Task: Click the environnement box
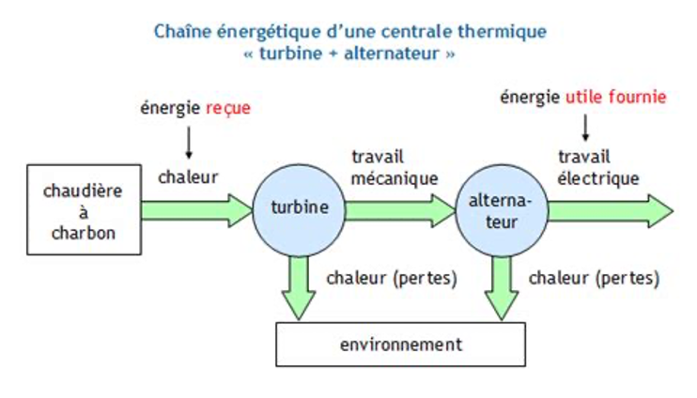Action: (400, 344)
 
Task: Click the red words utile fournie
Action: (615, 97)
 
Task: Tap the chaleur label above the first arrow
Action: (188, 176)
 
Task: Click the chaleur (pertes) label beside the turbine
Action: (392, 279)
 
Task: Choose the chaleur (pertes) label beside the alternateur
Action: (594, 279)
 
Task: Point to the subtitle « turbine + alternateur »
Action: (348, 54)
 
